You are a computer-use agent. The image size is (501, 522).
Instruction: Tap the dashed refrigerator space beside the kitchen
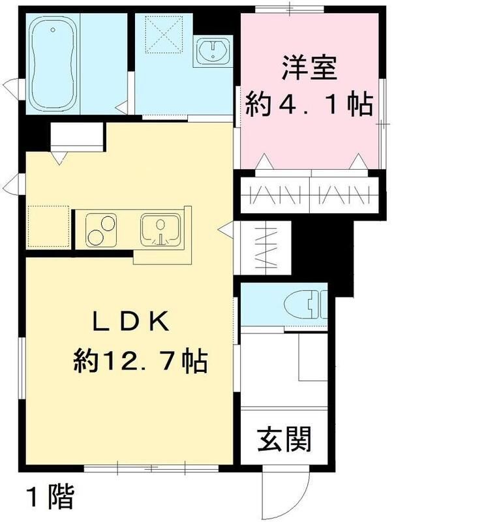pyautogui.click(x=48, y=226)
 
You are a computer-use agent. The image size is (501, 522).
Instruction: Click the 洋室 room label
pyautogui.click(x=310, y=69)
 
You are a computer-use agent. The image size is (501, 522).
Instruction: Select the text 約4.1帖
pyautogui.click(x=309, y=104)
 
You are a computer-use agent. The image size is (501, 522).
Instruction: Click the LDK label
pyautogui.click(x=130, y=322)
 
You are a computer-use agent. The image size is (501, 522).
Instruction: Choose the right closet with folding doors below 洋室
pyautogui.click(x=344, y=194)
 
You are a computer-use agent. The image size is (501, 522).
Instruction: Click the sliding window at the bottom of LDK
pyautogui.click(x=151, y=468)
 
